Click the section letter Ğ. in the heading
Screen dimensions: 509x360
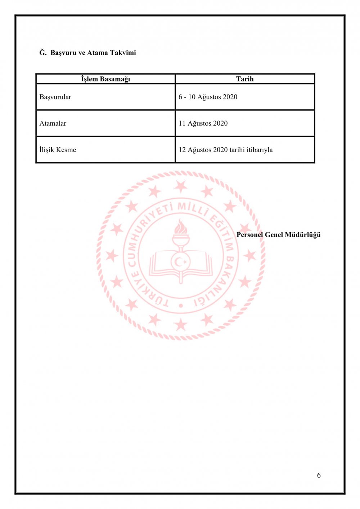coord(43,53)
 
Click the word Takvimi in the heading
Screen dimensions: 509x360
coord(123,53)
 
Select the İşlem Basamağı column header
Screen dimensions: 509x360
coord(105,79)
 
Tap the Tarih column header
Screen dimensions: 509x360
coord(245,79)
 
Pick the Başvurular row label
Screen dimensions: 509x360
coord(55,97)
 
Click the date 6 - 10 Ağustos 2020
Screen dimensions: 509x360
coord(208,97)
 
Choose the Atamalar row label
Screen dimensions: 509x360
coord(53,123)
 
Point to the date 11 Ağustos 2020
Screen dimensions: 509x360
coord(203,123)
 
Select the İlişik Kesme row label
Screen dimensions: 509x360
coord(58,150)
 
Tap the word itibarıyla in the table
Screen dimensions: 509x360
coord(260,150)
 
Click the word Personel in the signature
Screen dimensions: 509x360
coord(250,235)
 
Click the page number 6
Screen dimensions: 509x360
coord(319,475)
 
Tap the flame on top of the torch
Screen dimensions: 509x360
coord(181,227)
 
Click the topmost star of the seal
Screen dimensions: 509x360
coord(181,186)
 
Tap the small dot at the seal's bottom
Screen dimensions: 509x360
coord(181,306)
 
